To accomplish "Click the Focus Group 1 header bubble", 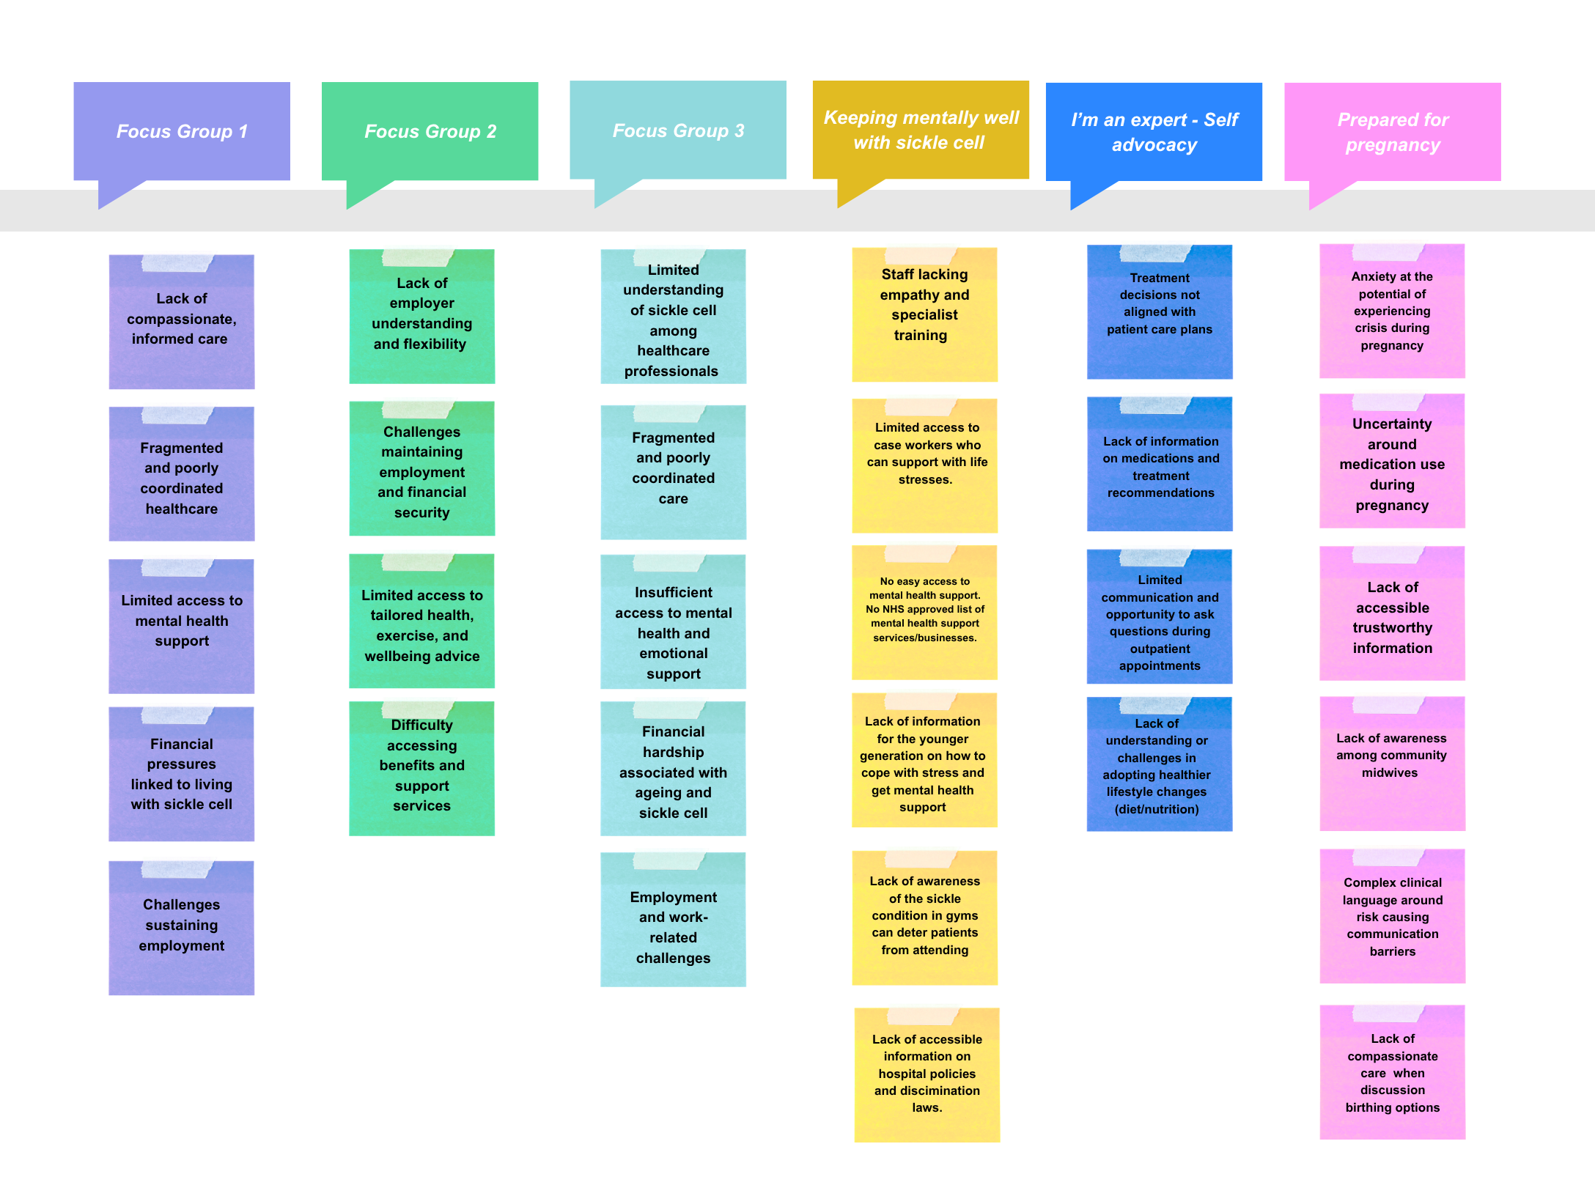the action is [182, 132].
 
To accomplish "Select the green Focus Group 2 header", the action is [430, 132].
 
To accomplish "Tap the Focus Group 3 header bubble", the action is [678, 130].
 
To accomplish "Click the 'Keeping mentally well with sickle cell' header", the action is [921, 130].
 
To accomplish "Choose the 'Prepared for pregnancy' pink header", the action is [1393, 132].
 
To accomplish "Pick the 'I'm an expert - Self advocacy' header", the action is [1154, 132].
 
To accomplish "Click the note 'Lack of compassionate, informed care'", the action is [182, 322].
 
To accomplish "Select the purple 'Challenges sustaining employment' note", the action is [182, 928].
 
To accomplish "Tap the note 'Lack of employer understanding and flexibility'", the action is [422, 316].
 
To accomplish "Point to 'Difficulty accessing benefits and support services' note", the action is [422, 768].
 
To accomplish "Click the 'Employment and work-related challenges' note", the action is [674, 919].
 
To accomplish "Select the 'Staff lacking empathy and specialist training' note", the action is [925, 314].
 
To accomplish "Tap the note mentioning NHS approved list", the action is [925, 612].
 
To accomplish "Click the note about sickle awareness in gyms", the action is [925, 918].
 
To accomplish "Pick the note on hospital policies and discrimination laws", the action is [927, 1074].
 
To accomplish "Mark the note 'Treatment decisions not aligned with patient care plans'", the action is [1160, 311].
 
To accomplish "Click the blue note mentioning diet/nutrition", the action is [1160, 764].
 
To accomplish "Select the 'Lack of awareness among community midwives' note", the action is [1393, 764].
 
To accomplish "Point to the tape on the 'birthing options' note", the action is [1388, 1014].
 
